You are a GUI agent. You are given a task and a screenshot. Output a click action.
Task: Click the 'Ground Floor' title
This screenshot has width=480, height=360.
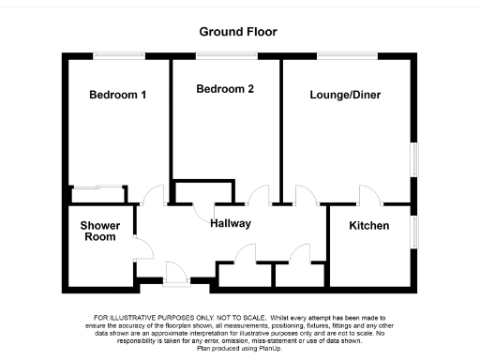coord(238,31)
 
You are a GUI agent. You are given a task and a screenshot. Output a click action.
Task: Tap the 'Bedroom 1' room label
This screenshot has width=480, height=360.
coord(117,95)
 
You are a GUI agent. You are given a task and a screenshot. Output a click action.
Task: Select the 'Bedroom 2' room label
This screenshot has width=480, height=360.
coord(225,90)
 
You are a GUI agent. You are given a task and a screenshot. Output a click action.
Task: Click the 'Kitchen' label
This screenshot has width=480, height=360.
coord(369,226)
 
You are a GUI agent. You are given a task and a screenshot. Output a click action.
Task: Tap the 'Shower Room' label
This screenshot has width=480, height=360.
coord(98,231)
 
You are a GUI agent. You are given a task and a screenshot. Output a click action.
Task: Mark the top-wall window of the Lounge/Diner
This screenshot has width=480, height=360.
coord(347,52)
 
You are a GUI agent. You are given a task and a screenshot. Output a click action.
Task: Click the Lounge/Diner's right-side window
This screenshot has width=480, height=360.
coord(413,157)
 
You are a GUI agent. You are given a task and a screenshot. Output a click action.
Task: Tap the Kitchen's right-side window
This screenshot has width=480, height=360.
coord(413,232)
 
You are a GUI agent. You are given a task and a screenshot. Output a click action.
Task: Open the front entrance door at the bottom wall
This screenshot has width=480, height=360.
coord(175,273)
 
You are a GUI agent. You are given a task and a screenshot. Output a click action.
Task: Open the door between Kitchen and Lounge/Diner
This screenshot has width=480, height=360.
coord(368,196)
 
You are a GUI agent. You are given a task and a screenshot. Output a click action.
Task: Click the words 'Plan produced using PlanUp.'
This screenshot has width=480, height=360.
coord(240,348)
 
